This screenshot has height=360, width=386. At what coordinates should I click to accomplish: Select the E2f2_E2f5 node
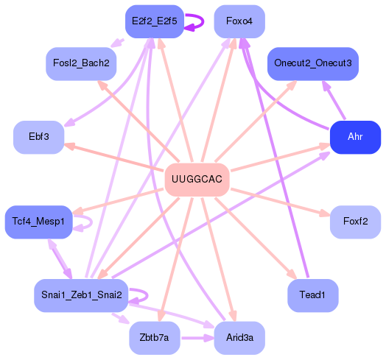(154, 21)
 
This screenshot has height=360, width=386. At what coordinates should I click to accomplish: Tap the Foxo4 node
(239, 21)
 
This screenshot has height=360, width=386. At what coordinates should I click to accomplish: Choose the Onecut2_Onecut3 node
(312, 63)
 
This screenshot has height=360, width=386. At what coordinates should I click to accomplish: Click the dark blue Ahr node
(354, 138)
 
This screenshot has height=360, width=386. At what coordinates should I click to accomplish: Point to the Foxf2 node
(354, 222)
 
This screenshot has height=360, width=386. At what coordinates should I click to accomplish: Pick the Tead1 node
(312, 294)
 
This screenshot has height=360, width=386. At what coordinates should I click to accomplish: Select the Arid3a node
(239, 338)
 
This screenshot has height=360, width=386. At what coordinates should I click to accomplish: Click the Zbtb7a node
(154, 338)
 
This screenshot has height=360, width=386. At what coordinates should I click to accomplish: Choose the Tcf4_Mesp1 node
(38, 222)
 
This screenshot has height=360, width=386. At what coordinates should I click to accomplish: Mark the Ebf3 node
(38, 138)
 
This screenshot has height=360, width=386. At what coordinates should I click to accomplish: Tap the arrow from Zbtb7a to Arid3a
(196, 338)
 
